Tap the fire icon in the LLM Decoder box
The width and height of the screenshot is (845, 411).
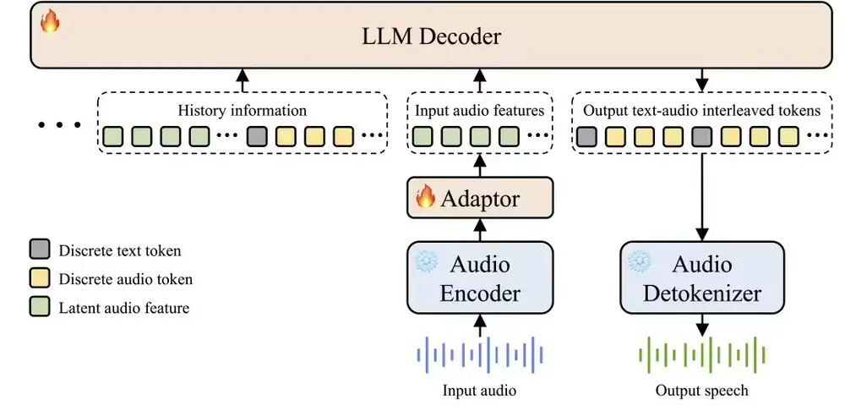pos(50,21)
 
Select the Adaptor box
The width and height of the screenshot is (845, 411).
pos(480,198)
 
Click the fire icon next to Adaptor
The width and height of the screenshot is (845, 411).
pos(426,198)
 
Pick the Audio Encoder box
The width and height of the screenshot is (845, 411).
pos(480,277)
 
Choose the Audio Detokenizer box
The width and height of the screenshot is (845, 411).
pos(702,277)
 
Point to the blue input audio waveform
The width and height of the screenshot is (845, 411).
pos(480,354)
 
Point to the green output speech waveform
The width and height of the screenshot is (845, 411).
pos(702,354)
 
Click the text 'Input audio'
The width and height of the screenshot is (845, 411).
pos(480,391)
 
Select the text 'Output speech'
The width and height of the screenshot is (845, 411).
pos(702,391)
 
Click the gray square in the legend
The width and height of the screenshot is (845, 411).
pos(38,250)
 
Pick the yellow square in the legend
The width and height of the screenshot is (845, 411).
pos(38,279)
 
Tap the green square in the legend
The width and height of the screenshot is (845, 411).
pos(38,308)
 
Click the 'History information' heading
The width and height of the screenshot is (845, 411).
pos(243,111)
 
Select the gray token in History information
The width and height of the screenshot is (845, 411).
pos(257,135)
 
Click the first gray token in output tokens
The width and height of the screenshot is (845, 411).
pos(586,135)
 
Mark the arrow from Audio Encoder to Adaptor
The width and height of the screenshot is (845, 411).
pos(480,229)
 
